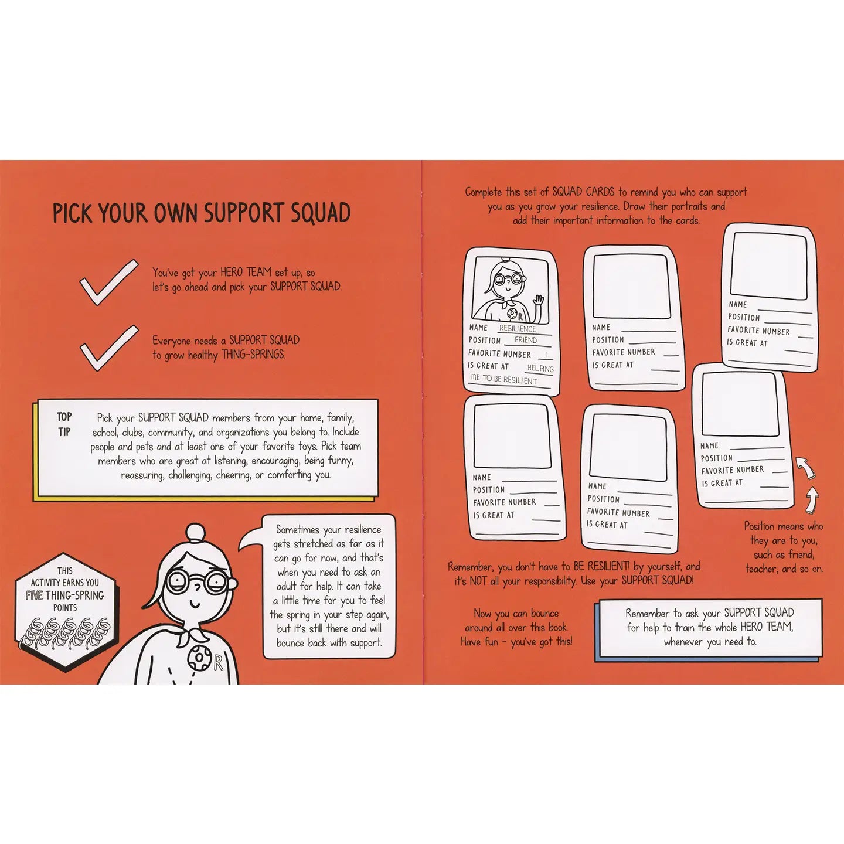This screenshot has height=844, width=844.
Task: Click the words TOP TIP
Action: (x=64, y=424)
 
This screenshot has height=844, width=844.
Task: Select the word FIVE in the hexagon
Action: (x=34, y=595)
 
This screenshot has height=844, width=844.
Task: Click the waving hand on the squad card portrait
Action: (x=537, y=301)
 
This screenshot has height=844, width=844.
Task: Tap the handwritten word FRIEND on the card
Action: (x=526, y=340)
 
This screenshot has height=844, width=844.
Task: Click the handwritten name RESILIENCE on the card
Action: (x=518, y=328)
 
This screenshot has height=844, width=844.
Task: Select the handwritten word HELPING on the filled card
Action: (x=540, y=368)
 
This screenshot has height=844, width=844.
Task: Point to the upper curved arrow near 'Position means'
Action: (x=804, y=468)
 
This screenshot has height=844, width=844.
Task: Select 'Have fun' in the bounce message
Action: (x=479, y=642)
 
